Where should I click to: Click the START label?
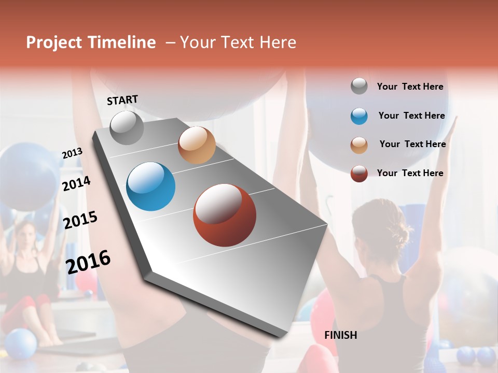(x=122, y=100)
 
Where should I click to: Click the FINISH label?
(x=340, y=335)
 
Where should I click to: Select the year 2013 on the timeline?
(x=73, y=153)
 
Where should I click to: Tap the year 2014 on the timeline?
(x=76, y=183)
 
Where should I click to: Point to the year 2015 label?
(x=80, y=220)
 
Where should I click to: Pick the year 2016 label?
(x=88, y=262)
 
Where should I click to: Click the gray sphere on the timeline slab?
(x=127, y=127)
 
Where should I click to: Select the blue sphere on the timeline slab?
(x=151, y=187)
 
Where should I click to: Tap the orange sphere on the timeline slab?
(x=197, y=145)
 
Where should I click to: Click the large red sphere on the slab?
(x=225, y=215)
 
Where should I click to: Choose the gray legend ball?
(x=359, y=87)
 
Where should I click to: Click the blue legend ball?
(x=359, y=116)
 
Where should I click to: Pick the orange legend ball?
(x=359, y=145)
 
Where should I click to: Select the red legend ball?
(x=359, y=174)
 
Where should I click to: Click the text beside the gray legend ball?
(x=410, y=87)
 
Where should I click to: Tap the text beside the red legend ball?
(x=410, y=173)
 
